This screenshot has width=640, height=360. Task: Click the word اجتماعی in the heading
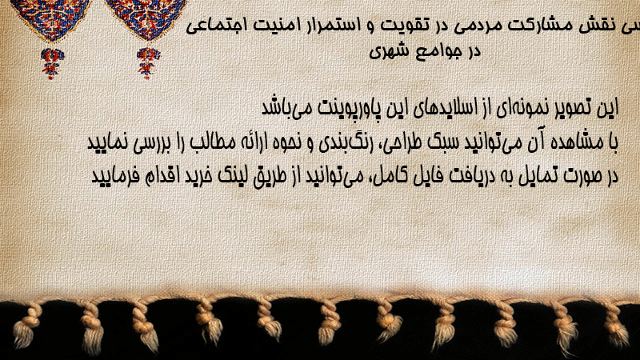[215, 26]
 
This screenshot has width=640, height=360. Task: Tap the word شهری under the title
[388, 52]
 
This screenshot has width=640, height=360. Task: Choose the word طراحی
[402, 143]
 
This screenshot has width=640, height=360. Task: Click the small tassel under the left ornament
[52, 63]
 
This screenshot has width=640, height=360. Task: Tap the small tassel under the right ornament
[148, 63]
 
